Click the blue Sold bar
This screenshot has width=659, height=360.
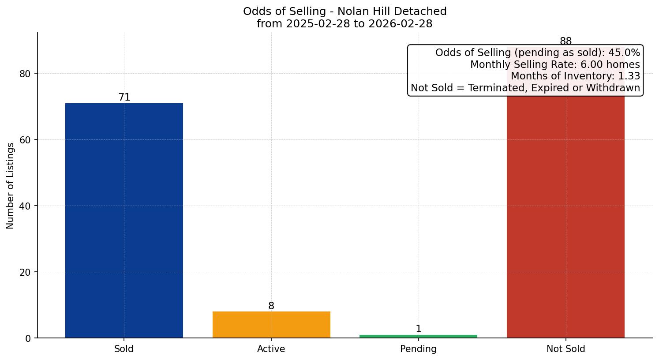coord(124,221)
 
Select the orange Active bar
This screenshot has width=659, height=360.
coord(271,325)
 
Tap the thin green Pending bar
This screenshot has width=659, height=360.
coord(418,336)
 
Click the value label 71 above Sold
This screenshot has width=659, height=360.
coord(124,97)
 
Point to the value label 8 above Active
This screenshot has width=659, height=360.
coord(271,306)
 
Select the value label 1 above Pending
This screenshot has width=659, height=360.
coord(419,329)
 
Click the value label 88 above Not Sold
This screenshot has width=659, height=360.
coord(565,41)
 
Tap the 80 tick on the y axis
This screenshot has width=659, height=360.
coord(25,74)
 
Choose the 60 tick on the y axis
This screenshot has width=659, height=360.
coord(25,140)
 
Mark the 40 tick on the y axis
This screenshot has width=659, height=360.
coord(25,206)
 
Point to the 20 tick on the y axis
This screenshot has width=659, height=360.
coord(25,272)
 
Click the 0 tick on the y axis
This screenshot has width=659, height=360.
coord(28,338)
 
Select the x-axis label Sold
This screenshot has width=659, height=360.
coord(124,349)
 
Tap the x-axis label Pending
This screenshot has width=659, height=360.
coord(418,349)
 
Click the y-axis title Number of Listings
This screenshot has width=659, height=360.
coord(11,186)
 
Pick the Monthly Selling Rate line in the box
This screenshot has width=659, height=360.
coord(555,64)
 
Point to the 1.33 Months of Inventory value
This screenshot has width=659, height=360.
coord(629,76)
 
